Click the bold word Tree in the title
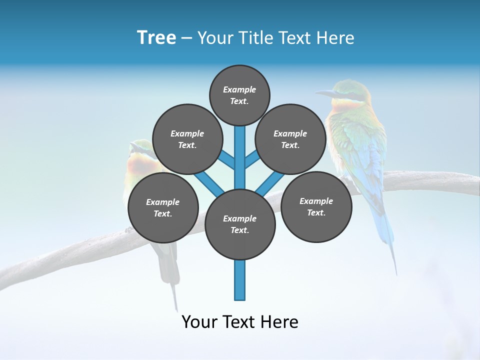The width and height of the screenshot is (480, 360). click(x=156, y=38)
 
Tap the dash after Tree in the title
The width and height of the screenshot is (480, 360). click(x=186, y=38)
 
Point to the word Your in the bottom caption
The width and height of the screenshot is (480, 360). click(x=199, y=322)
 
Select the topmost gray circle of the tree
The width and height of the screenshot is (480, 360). click(x=239, y=95)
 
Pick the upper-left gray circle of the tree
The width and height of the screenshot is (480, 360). click(x=187, y=139)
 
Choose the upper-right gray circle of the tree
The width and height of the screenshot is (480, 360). click(x=290, y=139)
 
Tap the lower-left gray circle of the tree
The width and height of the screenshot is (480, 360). click(x=163, y=207)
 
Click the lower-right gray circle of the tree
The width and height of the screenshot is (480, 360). click(x=316, y=206)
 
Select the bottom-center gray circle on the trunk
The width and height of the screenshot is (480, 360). click(x=239, y=224)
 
